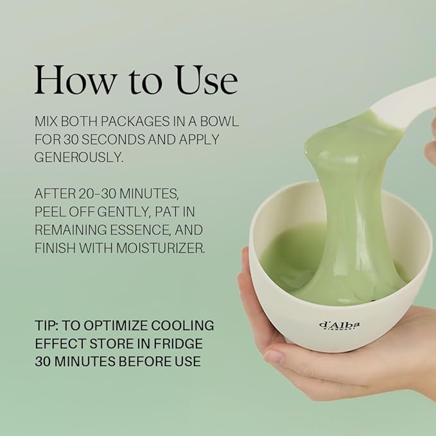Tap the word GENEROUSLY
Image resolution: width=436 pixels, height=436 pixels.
tap(79, 158)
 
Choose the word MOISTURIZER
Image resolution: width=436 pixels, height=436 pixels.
tap(161, 248)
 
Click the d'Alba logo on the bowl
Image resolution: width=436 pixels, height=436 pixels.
tap(339, 325)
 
